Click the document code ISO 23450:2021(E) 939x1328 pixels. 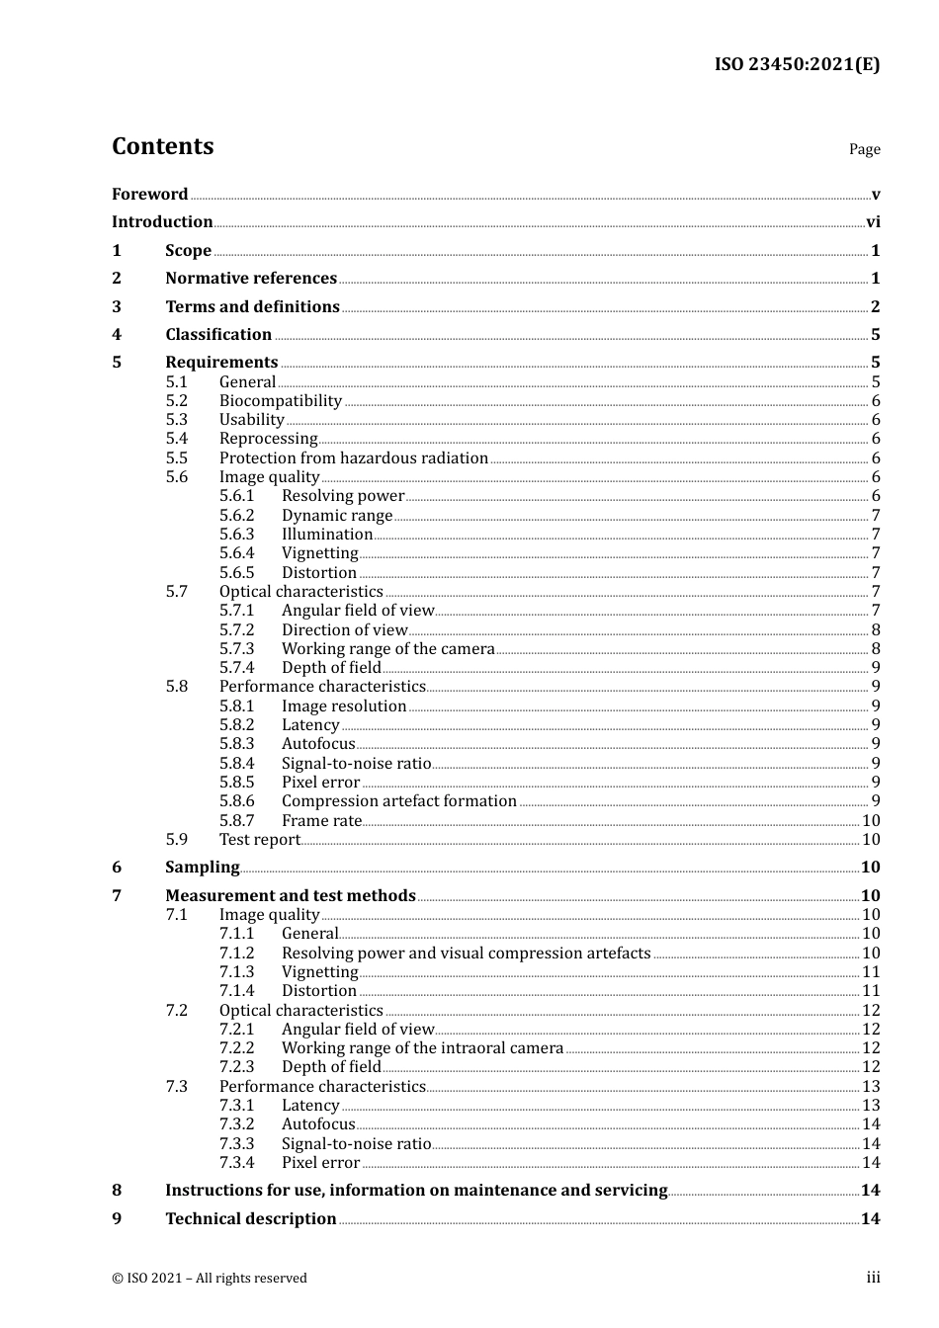tap(797, 64)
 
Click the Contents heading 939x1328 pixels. tap(162, 146)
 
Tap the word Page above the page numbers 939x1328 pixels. tap(864, 149)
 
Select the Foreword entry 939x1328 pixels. tap(149, 195)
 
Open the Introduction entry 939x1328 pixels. tap(162, 222)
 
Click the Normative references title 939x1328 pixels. tap(251, 279)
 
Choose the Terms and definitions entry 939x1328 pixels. tap(252, 307)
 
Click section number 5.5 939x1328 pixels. tap(176, 458)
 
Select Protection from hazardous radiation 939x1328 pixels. tap(353, 458)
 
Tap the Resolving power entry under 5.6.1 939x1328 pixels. tap(342, 496)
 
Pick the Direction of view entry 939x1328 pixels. tap(344, 630)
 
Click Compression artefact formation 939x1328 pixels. tap(398, 801)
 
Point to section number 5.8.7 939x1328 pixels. tap(236, 821)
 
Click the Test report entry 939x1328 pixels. tap(259, 840)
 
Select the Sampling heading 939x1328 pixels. tap(202, 868)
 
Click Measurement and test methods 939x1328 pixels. tap(290, 896)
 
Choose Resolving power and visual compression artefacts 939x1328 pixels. tap(466, 954)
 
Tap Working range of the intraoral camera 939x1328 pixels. tap(422, 1048)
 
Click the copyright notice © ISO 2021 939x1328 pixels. tap(209, 1279)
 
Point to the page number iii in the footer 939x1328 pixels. tap(873, 1278)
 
